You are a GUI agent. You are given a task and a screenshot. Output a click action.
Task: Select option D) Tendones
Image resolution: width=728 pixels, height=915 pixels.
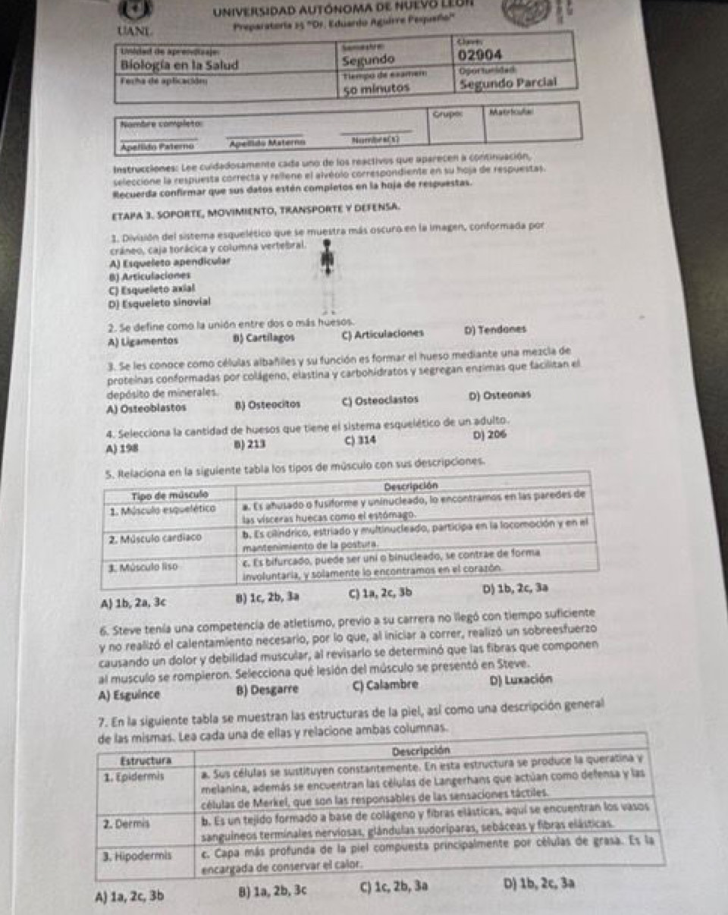(x=494, y=330)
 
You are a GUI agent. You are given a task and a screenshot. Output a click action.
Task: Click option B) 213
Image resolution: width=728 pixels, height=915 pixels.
(x=250, y=442)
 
